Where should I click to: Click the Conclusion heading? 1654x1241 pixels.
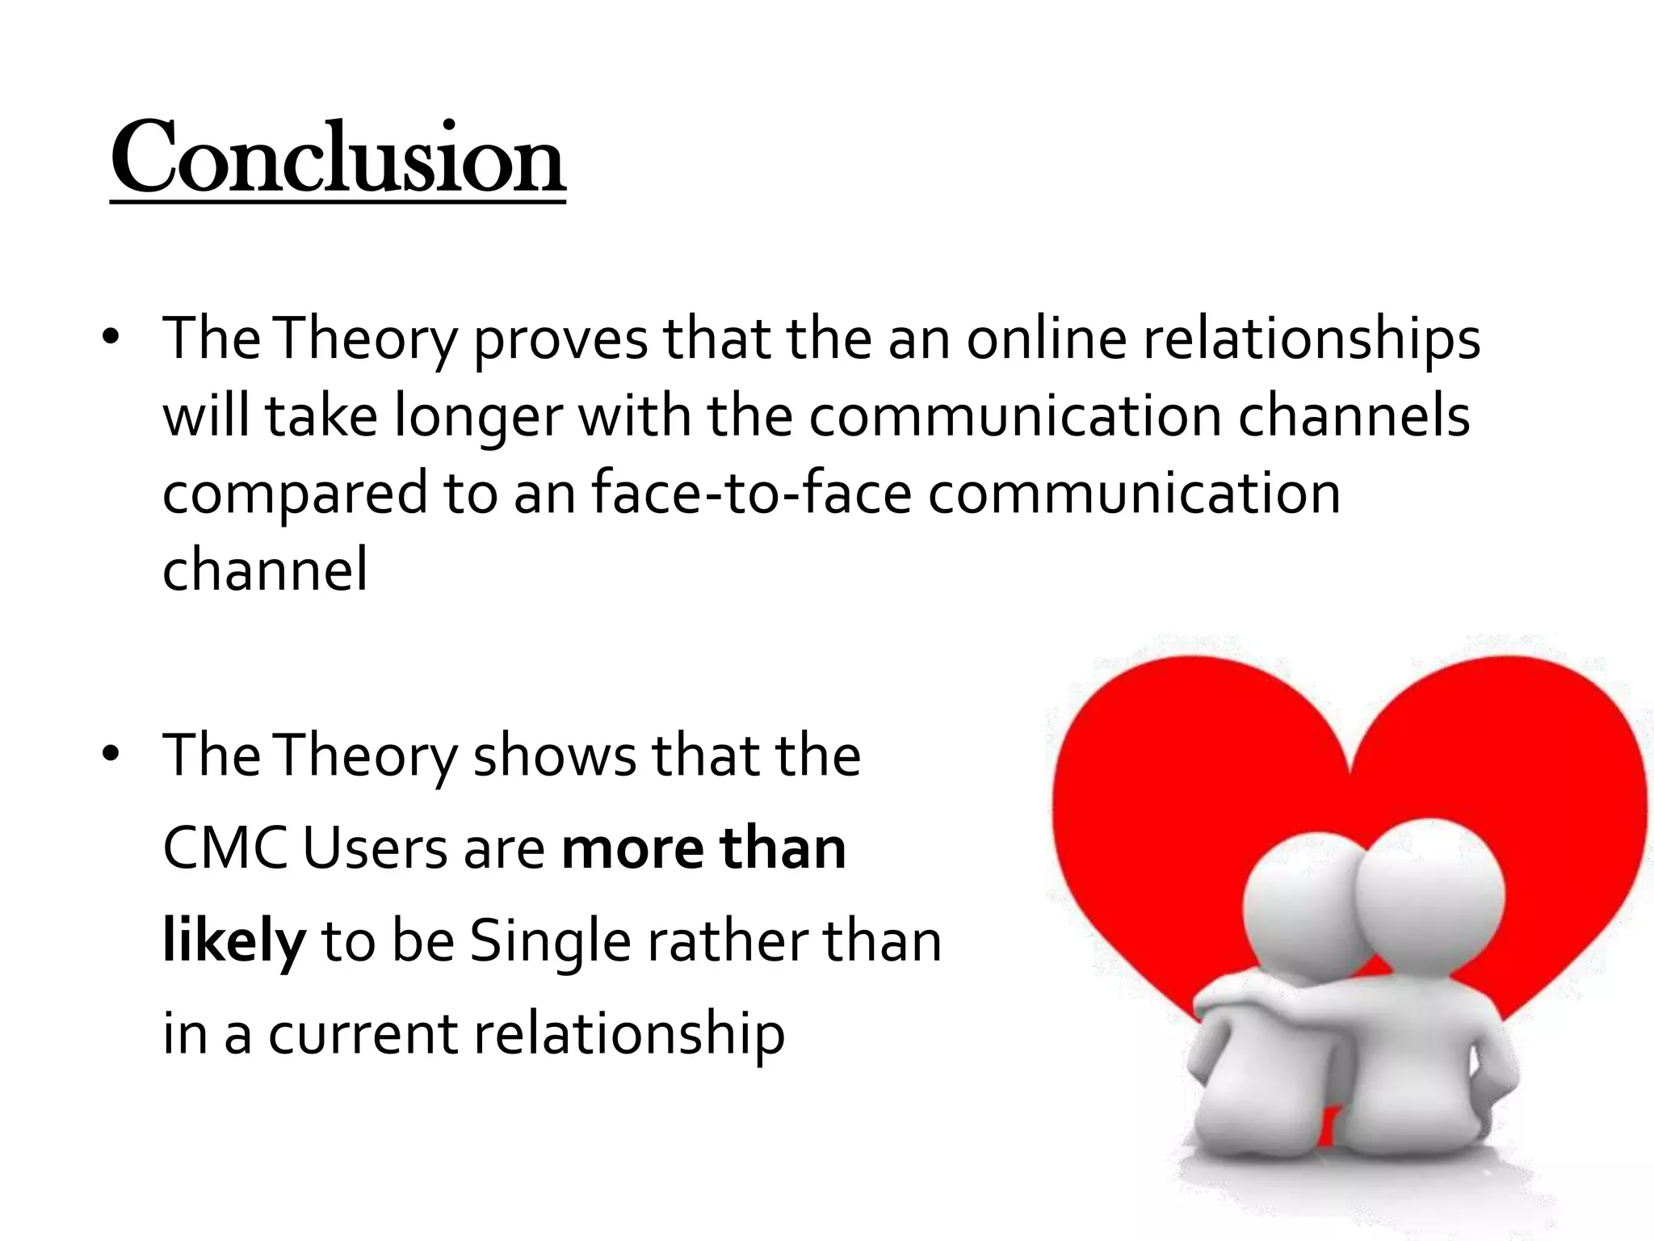[x=338, y=158]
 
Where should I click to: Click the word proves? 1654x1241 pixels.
[x=560, y=339]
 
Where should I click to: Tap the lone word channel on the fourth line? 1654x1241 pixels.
[x=265, y=570]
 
